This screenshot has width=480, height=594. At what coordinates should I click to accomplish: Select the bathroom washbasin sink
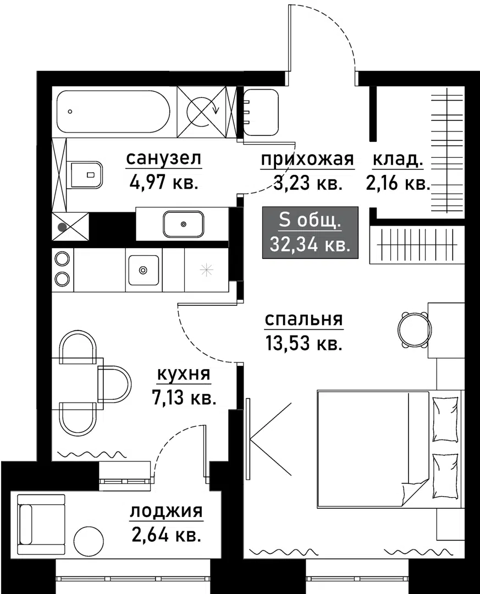183,224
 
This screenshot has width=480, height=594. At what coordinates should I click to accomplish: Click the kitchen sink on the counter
144,269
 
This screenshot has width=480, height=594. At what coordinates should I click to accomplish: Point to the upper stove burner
62,258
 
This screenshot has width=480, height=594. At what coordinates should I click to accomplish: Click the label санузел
164,159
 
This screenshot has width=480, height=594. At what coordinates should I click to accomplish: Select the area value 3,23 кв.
308,183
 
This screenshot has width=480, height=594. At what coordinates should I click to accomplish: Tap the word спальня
304,320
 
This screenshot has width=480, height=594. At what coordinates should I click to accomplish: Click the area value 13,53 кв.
304,344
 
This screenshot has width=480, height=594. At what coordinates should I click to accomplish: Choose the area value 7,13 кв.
183,397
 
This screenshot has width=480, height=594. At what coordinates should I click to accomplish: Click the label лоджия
166,512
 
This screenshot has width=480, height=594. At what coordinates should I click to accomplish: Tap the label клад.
398,159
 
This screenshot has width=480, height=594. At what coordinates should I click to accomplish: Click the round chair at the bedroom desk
413,330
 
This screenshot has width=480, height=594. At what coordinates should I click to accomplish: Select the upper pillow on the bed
445,419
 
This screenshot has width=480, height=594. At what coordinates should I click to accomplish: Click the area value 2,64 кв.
166,535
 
